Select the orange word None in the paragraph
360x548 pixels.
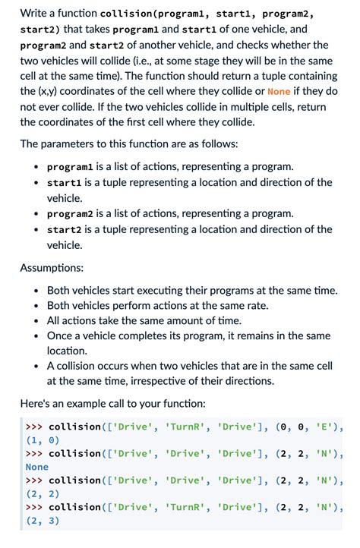point(279,92)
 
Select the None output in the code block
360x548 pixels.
point(37,468)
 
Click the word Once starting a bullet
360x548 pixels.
point(61,335)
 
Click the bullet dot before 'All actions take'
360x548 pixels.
point(36,320)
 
